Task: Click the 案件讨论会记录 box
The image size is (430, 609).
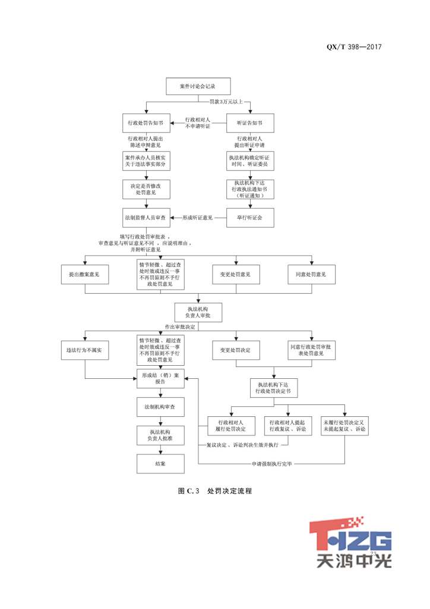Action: tap(197, 86)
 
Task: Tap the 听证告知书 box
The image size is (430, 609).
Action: tap(250, 123)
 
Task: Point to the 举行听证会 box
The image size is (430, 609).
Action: tap(250, 218)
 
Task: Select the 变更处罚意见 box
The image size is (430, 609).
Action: tap(236, 274)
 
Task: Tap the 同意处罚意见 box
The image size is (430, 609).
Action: tap(311, 274)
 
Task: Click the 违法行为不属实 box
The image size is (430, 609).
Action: tap(85, 350)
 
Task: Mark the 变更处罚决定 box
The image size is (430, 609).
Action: tap(236, 350)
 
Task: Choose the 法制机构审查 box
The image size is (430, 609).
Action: tap(160, 406)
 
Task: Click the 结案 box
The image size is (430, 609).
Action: tap(160, 463)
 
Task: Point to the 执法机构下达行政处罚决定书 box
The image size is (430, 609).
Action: tap(274, 388)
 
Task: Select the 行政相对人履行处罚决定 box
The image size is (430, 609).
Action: tap(231, 425)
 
